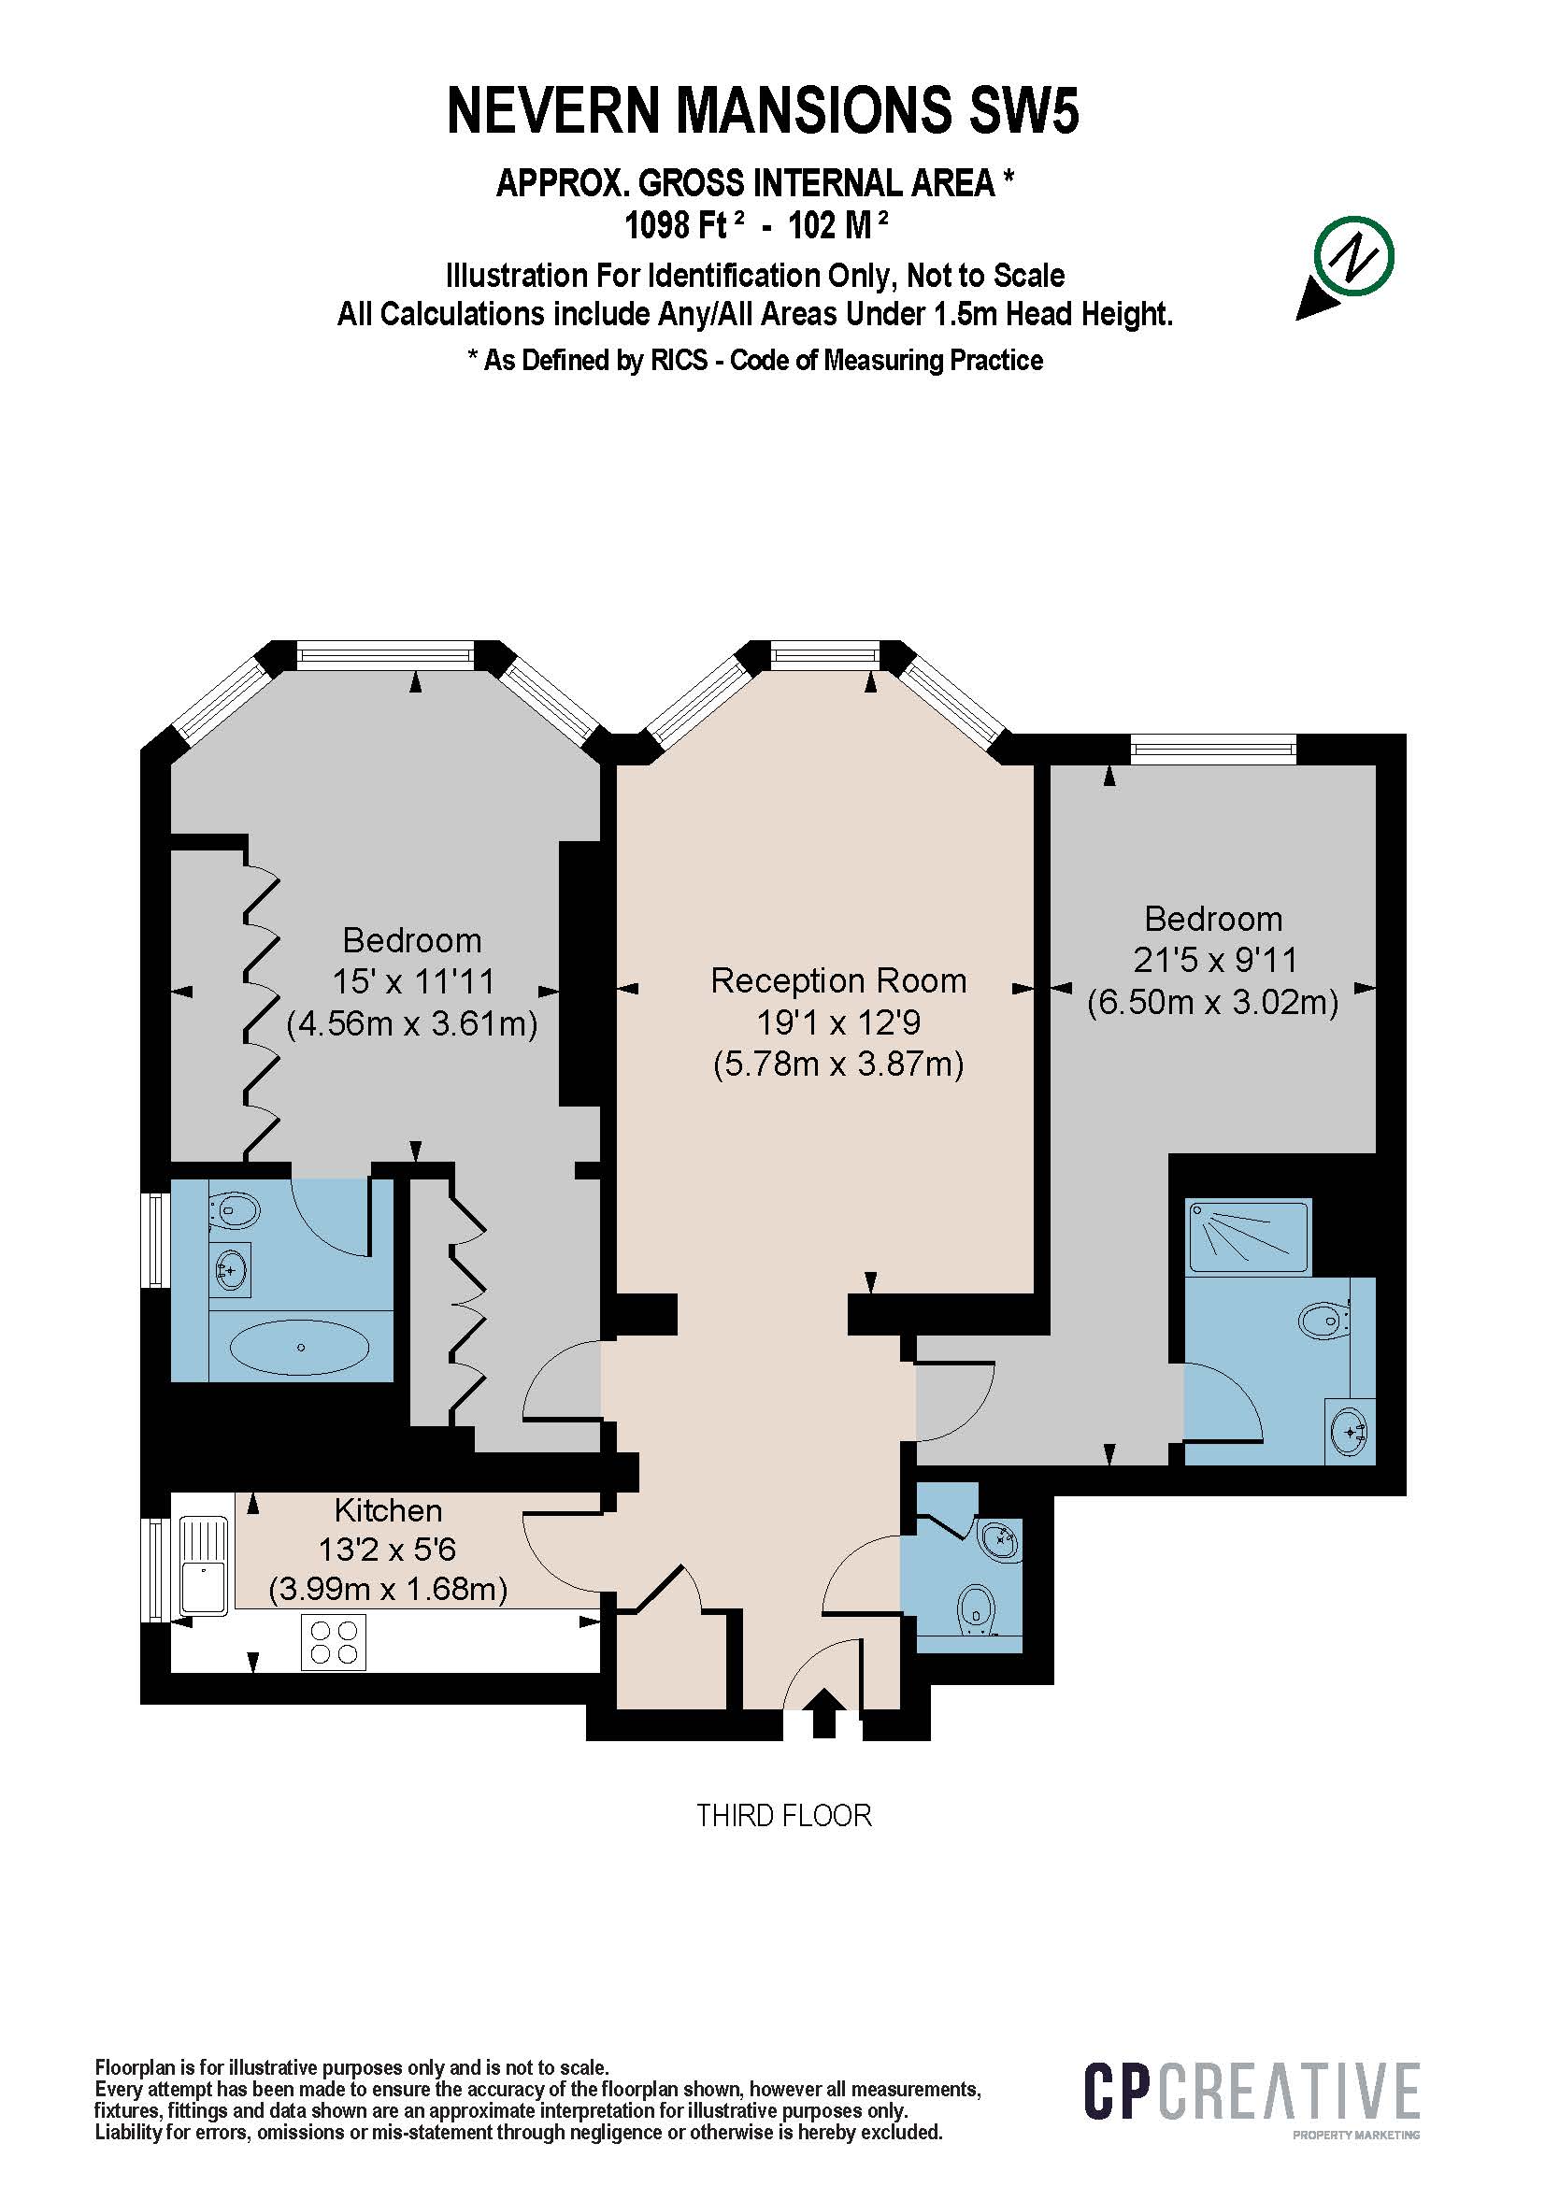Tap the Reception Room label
point(838,980)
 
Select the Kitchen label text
point(389,1511)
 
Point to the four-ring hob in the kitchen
point(333,1643)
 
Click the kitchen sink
point(203,1566)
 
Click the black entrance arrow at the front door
point(824,1715)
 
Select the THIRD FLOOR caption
point(783,1816)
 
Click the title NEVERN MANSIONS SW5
point(764,110)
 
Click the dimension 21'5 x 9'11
point(1214,960)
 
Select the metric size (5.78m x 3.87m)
point(838,1064)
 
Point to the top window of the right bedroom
point(1213,749)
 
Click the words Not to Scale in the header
point(985,276)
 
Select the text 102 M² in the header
point(837,224)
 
